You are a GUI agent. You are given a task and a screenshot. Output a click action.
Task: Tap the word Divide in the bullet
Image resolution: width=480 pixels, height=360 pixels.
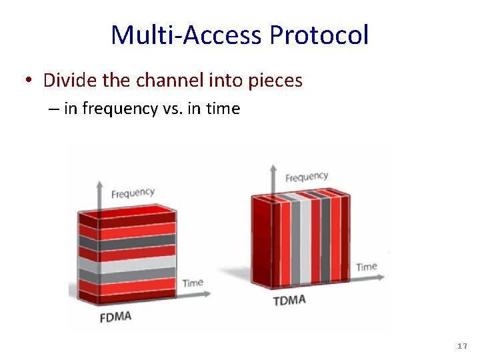65,81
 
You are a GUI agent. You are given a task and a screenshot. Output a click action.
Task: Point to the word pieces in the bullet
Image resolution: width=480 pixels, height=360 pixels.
275,81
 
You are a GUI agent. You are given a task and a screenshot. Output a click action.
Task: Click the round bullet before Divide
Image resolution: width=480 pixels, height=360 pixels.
29,81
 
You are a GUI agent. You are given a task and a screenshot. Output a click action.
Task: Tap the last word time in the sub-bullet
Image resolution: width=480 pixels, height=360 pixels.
222,109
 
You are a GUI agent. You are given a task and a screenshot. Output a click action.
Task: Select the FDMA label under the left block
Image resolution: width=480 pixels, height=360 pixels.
115,316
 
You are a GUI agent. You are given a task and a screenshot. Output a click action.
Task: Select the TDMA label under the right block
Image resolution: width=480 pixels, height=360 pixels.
289,301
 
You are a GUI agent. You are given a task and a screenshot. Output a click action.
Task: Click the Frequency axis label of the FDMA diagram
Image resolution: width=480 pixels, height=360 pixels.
133,193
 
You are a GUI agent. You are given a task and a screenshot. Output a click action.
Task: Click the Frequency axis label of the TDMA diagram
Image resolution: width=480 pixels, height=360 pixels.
307,177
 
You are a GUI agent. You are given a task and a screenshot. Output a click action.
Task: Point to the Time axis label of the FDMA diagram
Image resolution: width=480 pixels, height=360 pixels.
193,283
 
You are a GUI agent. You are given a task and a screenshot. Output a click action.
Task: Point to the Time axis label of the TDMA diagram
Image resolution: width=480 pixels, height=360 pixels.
366,267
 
